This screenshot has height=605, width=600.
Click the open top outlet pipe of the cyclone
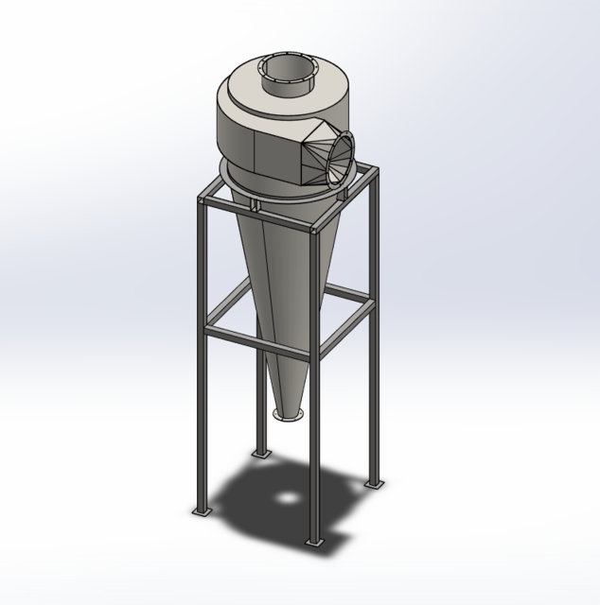click(284, 70)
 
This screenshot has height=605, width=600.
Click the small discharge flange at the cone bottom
click(288, 413)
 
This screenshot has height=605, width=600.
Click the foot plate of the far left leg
click(202, 511)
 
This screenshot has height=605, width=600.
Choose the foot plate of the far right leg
click(377, 482)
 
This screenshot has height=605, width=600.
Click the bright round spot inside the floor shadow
click(284, 496)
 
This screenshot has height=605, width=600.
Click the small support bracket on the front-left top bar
click(256, 204)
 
